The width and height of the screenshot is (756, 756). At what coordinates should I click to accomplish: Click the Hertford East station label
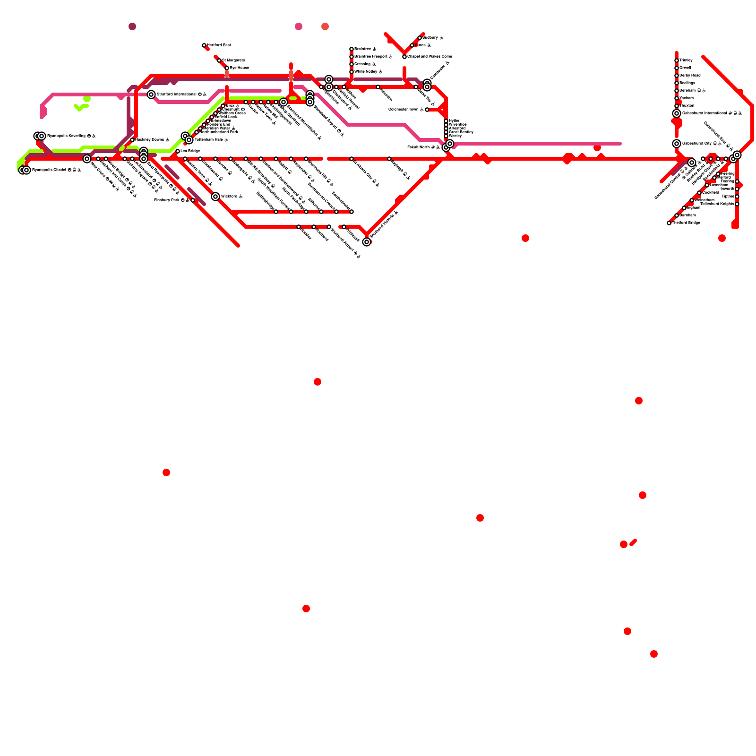click(x=219, y=45)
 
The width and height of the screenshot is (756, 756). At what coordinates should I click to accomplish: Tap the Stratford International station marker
click(x=151, y=94)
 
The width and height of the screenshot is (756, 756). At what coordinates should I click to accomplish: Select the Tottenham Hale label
click(x=208, y=140)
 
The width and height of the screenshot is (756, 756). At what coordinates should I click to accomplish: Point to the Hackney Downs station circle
click(x=132, y=140)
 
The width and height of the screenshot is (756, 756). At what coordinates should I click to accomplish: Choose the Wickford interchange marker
click(x=215, y=197)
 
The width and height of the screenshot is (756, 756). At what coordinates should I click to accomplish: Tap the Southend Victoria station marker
click(x=367, y=242)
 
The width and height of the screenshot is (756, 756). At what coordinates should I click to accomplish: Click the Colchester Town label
click(x=404, y=110)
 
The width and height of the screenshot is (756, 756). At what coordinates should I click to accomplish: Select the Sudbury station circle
click(x=420, y=38)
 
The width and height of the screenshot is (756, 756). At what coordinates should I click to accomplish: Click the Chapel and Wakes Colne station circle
click(x=404, y=57)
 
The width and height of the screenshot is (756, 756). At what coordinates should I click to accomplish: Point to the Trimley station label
click(x=686, y=60)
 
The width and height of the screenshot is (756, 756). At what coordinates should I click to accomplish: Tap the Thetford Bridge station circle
click(x=669, y=223)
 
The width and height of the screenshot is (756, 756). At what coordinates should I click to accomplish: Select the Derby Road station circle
click(x=677, y=76)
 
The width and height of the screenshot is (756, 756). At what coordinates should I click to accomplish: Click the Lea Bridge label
click(x=190, y=151)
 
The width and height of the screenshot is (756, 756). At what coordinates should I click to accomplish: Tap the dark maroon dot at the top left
click(x=132, y=26)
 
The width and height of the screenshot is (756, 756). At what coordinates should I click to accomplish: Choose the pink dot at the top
click(x=299, y=26)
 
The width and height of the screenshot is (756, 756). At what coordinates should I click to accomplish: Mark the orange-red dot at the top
click(x=325, y=26)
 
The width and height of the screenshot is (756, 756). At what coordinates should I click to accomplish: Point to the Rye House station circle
click(x=227, y=68)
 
